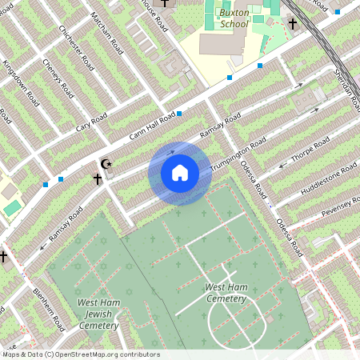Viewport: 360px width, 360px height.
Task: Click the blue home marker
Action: click(179, 173)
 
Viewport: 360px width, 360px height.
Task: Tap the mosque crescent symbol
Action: click(105, 164)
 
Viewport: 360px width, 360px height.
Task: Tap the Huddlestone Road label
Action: click(328, 182)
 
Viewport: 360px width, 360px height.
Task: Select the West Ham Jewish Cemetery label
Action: click(98, 314)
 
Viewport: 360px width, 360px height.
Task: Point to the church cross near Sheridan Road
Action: click(293, 25)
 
